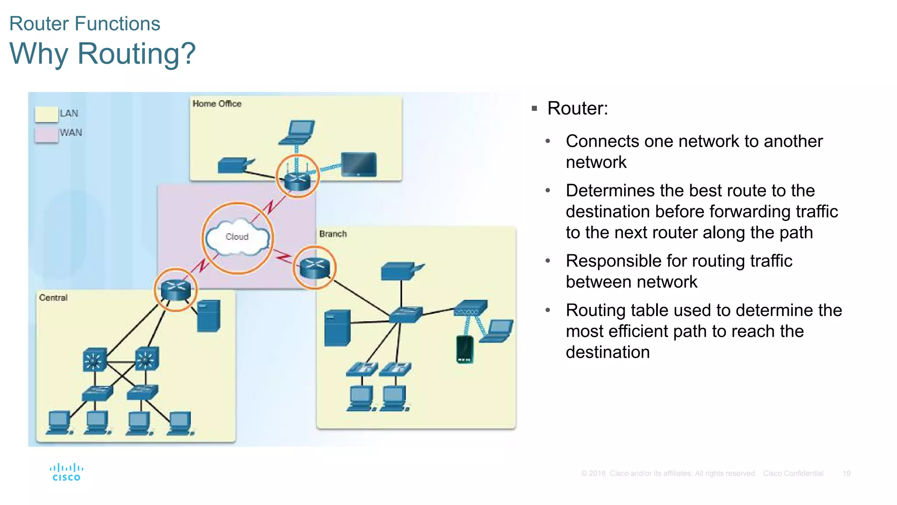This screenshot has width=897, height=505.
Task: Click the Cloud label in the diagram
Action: click(237, 237)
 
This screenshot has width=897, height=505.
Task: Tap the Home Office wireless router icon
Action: click(297, 178)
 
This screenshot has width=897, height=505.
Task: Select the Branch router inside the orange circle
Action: click(314, 268)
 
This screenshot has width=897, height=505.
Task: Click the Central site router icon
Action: click(176, 289)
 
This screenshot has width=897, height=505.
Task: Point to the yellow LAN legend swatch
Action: click(46, 114)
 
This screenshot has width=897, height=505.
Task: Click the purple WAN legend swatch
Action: click(46, 134)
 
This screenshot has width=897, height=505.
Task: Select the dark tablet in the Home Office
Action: click(359, 164)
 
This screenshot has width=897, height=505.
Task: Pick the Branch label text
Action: click(333, 234)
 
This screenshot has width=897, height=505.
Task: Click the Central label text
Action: click(53, 298)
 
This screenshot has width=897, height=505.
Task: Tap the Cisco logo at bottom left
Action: click(66, 472)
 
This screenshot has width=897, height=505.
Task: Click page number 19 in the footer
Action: click(846, 473)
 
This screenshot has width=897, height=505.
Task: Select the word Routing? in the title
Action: click(137, 53)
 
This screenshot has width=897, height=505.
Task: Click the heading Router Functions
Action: click(85, 24)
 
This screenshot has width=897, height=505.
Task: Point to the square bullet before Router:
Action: click(534, 109)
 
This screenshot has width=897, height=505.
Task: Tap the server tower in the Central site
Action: click(208, 316)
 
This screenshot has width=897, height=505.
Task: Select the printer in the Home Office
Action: click(234, 165)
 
